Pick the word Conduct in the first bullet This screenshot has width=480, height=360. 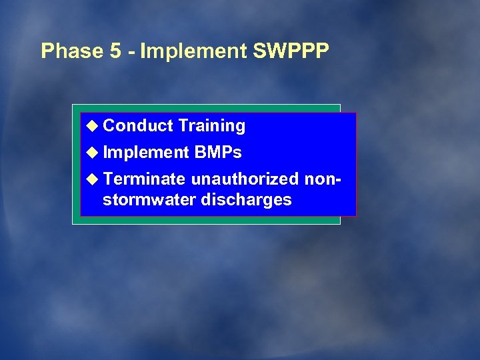[139, 125]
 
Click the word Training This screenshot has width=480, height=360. [212, 126]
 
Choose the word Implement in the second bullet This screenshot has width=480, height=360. [147, 153]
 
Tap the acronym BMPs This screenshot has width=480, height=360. [218, 153]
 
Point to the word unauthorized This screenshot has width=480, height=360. [245, 179]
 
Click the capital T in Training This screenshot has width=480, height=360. [183, 125]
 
